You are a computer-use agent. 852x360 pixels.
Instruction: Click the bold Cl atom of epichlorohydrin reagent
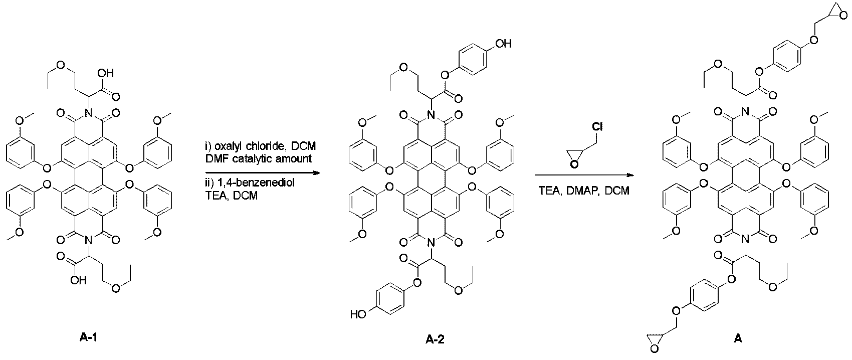point(597,127)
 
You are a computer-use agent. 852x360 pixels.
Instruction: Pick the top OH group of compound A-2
point(503,44)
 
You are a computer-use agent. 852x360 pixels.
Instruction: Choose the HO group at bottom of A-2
point(357,315)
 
